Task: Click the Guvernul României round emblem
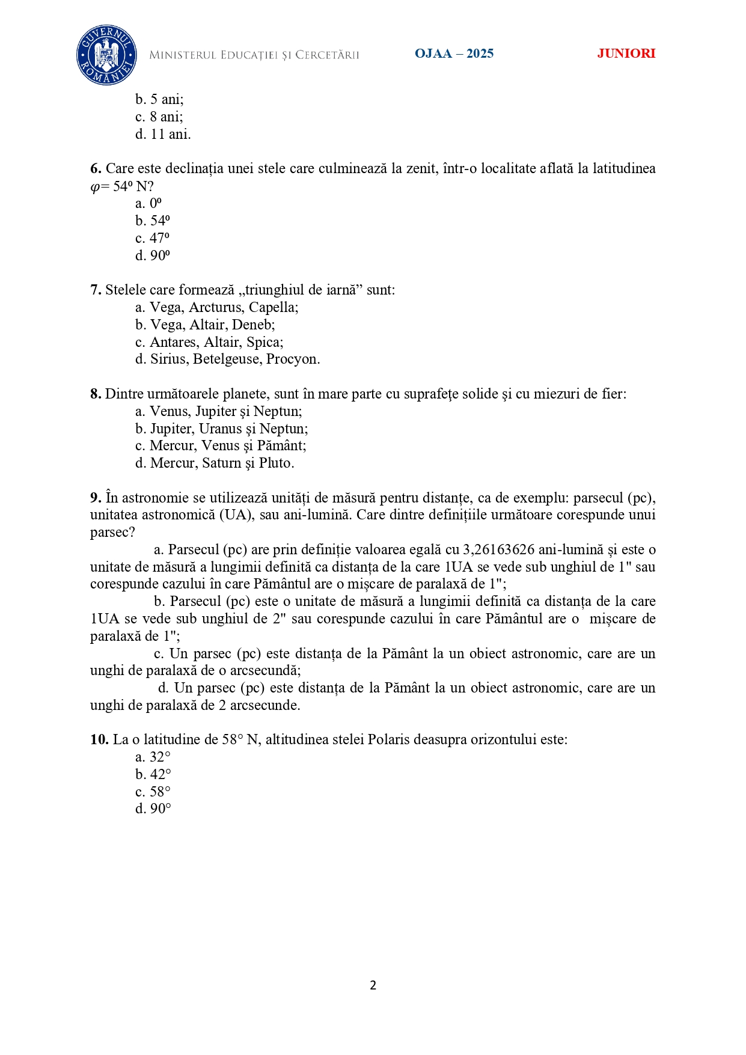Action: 106,55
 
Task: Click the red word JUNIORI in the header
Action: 626,54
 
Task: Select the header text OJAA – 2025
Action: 454,54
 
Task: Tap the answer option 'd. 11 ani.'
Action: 163,134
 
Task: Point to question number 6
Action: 96,168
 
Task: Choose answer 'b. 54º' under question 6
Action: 153,221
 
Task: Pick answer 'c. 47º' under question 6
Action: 153,238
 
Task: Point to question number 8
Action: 96,394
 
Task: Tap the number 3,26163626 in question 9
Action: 498,549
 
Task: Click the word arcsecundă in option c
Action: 264,670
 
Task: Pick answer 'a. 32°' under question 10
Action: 153,757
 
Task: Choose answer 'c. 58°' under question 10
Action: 153,792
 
